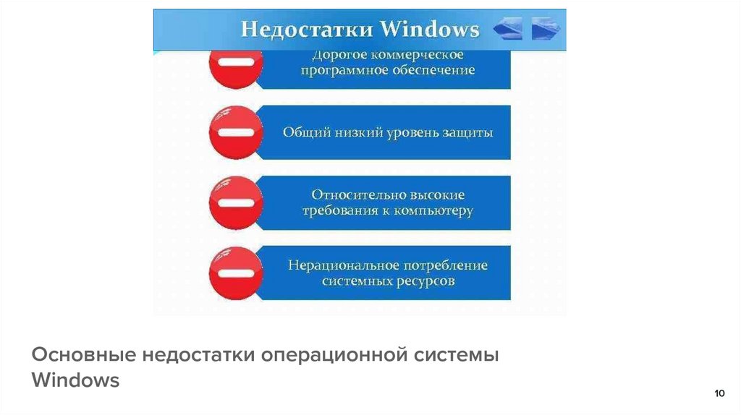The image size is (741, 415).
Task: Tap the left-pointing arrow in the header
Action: coord(508,30)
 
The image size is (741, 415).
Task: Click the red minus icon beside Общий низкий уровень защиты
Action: coord(234,132)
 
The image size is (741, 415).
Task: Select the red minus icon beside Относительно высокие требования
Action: coord(234,202)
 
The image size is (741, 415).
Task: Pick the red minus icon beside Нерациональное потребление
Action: coord(234,273)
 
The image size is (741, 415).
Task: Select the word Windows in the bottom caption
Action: coord(75,380)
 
